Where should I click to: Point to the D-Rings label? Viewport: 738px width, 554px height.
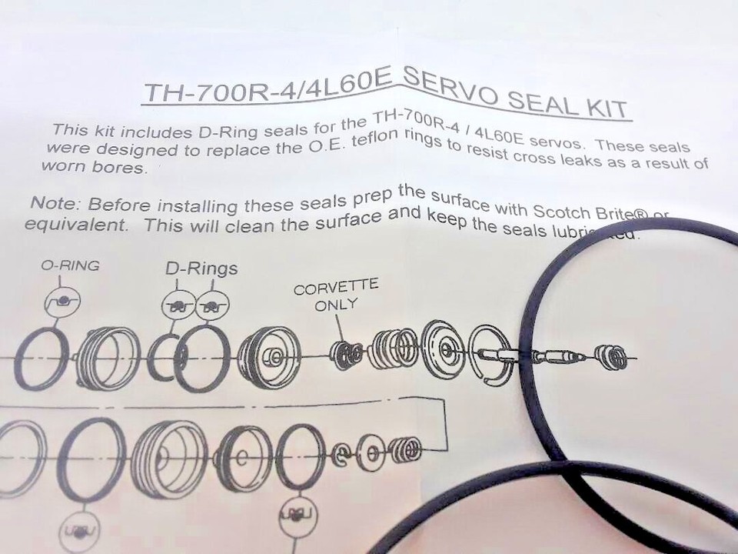coord(201,269)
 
